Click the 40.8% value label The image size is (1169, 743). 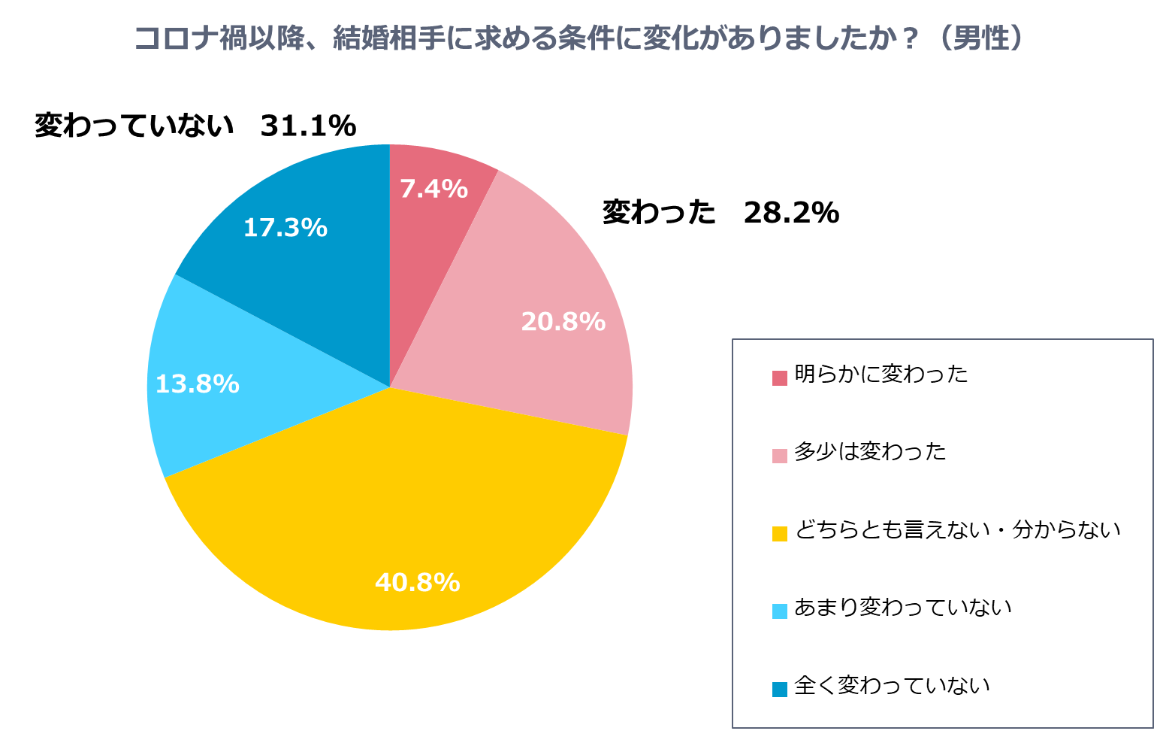(x=417, y=582)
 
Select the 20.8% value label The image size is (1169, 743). (x=563, y=322)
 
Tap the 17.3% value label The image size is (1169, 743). (x=285, y=227)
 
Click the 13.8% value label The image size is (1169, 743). (x=197, y=384)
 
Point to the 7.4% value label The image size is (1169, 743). (x=433, y=189)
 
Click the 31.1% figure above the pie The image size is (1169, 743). (x=308, y=126)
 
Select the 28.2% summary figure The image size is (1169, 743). (x=791, y=213)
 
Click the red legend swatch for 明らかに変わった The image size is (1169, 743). (x=780, y=378)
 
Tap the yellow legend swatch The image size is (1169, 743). (x=780, y=533)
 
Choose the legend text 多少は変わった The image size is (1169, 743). (x=870, y=451)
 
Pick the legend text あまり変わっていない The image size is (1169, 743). (x=903, y=607)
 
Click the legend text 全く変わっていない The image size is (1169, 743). (x=892, y=685)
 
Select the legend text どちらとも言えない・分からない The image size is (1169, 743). (x=957, y=529)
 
